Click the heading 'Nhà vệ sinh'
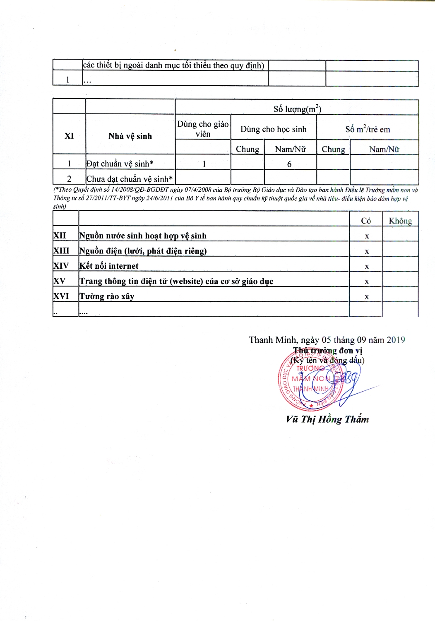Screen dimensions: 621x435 coord(130,136)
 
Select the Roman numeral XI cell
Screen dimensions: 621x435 coord(69,136)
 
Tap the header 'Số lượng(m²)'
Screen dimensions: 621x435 coord(297,109)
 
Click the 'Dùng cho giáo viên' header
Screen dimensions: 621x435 coord(203,129)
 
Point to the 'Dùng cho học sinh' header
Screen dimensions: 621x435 coord(274,129)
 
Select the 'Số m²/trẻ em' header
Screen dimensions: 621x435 coord(368,129)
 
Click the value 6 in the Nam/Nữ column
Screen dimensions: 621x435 coord(289,164)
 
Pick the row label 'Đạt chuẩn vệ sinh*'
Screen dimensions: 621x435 coord(120,164)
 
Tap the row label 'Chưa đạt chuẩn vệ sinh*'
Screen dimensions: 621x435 coord(130,179)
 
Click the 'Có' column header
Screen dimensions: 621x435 coord(366,221)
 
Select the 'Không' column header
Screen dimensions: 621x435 coord(400,221)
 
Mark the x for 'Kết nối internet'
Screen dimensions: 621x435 coord(367,267)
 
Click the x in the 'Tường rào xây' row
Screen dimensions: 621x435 coord(367,297)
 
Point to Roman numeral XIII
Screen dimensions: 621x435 coord(61,251)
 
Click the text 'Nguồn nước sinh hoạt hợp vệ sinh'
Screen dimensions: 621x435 coord(143,236)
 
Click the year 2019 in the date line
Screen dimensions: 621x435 coord(396,340)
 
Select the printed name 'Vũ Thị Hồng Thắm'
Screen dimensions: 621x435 coord(327,419)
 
